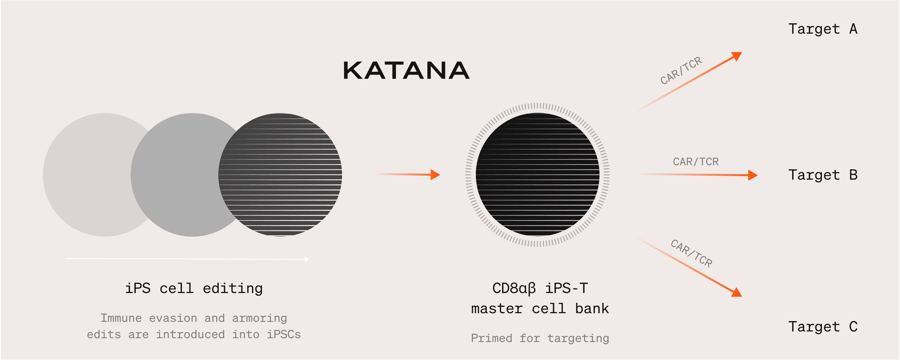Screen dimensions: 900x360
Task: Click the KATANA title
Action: coord(406,70)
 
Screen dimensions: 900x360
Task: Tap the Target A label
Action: coord(823,29)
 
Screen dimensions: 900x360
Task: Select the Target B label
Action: coord(823,175)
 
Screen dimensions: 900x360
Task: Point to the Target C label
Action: coord(823,326)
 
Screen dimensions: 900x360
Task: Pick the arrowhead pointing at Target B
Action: coord(753,175)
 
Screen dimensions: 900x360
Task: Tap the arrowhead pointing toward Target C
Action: coord(736,293)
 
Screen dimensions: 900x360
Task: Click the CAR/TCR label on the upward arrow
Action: coord(681,70)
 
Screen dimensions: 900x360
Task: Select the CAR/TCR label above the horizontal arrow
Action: coord(696,162)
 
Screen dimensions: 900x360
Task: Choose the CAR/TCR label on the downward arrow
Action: coord(692,253)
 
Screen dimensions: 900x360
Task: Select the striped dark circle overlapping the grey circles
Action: coord(280,175)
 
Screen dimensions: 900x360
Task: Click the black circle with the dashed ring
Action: coord(537,175)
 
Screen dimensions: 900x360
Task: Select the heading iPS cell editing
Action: coord(194,289)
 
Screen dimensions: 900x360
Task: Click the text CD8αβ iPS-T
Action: coord(540,288)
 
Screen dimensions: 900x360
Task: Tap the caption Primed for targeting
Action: coord(540,338)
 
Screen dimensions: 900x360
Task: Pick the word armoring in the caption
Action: coord(260,318)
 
